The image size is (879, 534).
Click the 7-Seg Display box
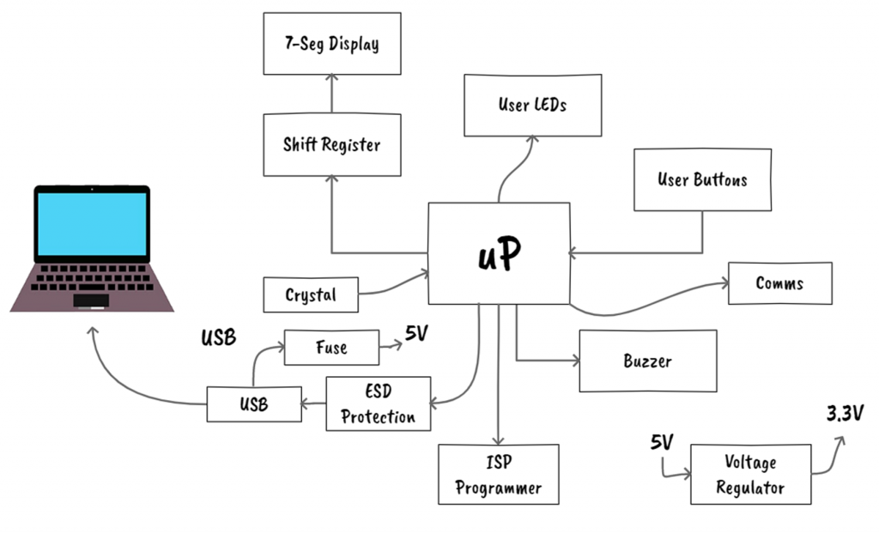pyautogui.click(x=331, y=43)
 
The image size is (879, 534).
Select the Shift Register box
pyautogui.click(x=331, y=144)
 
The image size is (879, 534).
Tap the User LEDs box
pyautogui.click(x=532, y=105)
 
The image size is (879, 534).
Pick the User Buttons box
pyautogui.click(x=702, y=179)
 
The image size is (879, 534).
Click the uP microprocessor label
pyautogui.click(x=499, y=253)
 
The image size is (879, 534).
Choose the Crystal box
pyautogui.click(x=311, y=295)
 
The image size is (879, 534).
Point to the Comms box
pyautogui.click(x=779, y=283)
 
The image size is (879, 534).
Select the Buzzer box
pyautogui.click(x=648, y=361)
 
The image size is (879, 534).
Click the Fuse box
pyautogui.click(x=330, y=348)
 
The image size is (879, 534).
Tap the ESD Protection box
pyautogui.click(x=378, y=404)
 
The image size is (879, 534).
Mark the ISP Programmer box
pyautogui.click(x=498, y=475)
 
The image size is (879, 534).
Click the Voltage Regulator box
pyautogui.click(x=750, y=475)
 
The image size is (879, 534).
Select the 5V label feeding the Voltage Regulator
pyautogui.click(x=661, y=444)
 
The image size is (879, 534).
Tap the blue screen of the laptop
pyautogui.click(x=92, y=223)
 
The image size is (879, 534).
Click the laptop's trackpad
pyautogui.click(x=91, y=300)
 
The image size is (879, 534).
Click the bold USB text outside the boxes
pyautogui.click(x=218, y=337)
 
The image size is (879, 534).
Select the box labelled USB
pyautogui.click(x=253, y=404)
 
